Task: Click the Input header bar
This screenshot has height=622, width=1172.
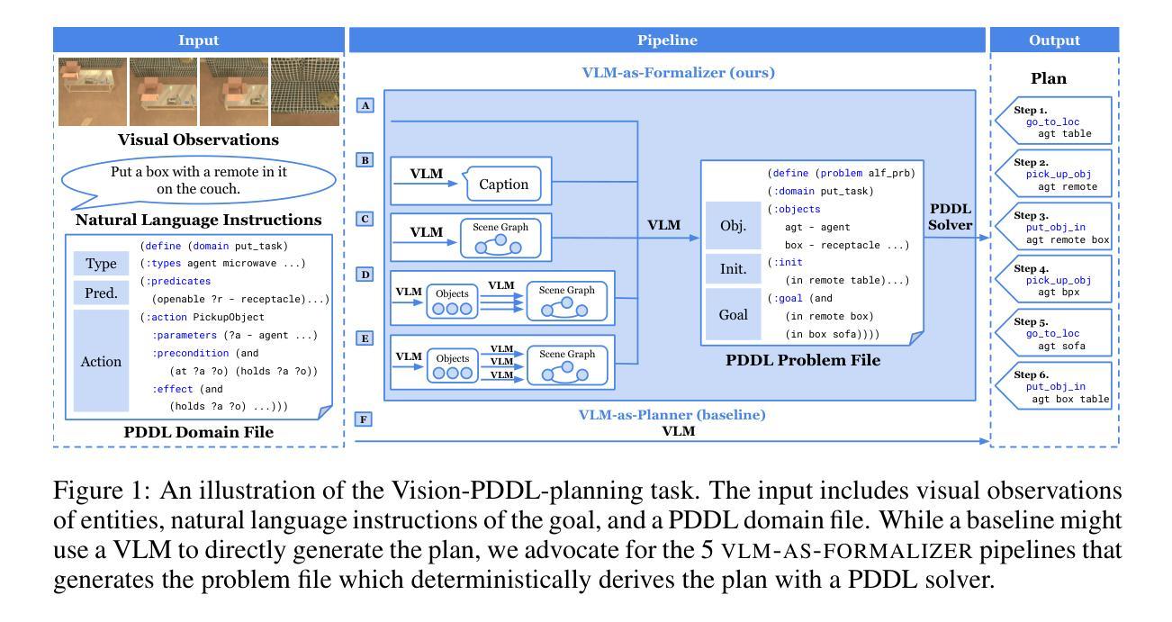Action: [198, 40]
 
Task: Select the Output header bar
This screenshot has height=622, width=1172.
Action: [1054, 40]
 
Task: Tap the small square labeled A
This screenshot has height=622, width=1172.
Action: [365, 106]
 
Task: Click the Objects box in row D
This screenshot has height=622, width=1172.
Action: [453, 300]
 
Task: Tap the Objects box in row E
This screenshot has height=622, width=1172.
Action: [453, 364]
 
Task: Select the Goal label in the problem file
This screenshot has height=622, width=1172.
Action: [735, 315]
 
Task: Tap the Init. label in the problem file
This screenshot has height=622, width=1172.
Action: [735, 268]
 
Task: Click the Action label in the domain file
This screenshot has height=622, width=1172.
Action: [101, 361]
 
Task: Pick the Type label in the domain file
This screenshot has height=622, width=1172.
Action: [101, 264]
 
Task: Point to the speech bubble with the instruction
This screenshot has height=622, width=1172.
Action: [198, 179]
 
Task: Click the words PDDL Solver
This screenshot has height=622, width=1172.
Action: [951, 216]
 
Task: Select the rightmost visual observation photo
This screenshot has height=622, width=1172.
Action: [306, 92]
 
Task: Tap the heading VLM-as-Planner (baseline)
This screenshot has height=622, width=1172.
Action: [671, 415]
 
